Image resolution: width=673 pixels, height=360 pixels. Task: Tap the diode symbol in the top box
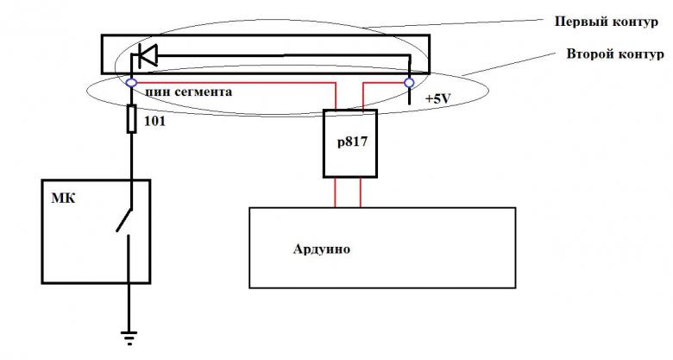click(x=146, y=57)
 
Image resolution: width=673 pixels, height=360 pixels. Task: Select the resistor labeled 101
click(x=131, y=118)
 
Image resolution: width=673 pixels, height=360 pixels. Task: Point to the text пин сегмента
click(x=187, y=91)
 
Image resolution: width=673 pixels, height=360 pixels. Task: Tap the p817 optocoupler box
click(x=349, y=143)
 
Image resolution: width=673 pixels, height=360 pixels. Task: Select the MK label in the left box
click(x=65, y=199)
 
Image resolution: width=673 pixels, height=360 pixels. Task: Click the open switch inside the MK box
click(x=124, y=223)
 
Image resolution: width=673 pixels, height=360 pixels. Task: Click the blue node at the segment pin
click(x=130, y=83)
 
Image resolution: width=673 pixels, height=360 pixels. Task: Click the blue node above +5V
click(x=409, y=83)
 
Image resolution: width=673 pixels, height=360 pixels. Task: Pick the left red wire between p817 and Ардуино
click(x=337, y=192)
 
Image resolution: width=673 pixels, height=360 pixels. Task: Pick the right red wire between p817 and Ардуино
click(x=360, y=192)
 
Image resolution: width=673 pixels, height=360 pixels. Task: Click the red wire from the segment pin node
click(x=233, y=84)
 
